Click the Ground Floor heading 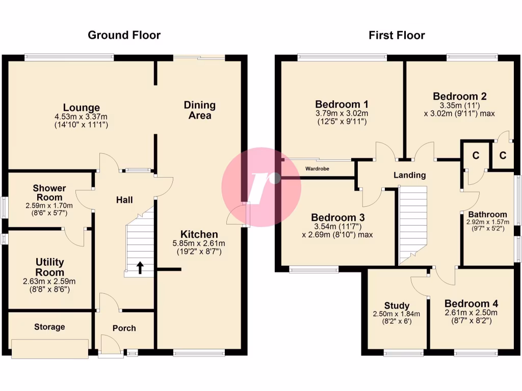point(124,35)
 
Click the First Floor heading point(397,35)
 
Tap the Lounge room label point(81,107)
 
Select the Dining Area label point(200,110)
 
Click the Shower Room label point(49,192)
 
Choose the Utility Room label point(49,267)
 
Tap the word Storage point(49,327)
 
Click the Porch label point(124,328)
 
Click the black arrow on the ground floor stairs point(140,267)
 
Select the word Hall point(124,200)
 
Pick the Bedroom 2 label point(459,96)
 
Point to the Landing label point(409,175)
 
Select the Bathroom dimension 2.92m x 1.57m point(487,222)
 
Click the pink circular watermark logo point(261,187)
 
